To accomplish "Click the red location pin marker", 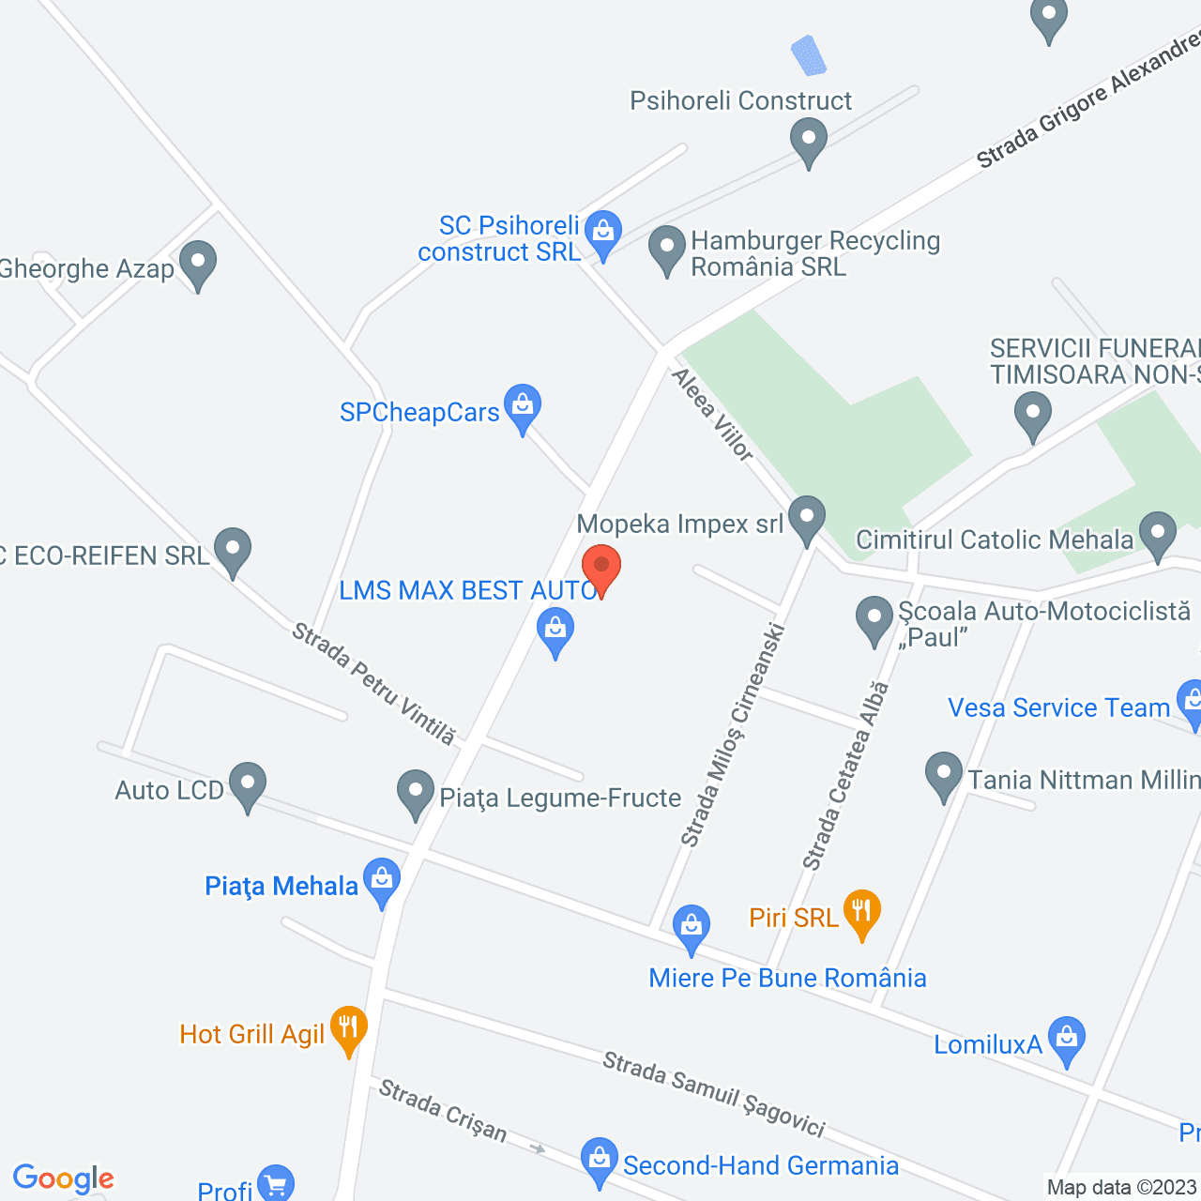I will tap(601, 568).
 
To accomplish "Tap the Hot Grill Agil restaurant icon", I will tap(348, 1028).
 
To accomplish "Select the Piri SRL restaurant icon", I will tap(861, 913).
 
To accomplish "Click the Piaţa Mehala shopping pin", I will tap(381, 881).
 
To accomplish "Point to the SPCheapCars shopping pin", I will tap(523, 407).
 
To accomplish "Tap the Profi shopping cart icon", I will tap(276, 1184).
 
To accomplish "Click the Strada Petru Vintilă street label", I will tap(373, 684).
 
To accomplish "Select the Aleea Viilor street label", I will tap(712, 415).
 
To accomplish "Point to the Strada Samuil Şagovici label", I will tap(713, 1094).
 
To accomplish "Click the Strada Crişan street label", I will tap(443, 1112).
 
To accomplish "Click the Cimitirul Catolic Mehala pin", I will tap(1157, 534).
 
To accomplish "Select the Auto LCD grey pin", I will tap(248, 784).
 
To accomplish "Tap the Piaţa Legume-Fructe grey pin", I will tap(416, 793).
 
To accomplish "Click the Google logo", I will tap(63, 1178).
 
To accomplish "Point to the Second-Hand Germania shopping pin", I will tap(598, 1161).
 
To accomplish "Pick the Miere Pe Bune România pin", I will tap(692, 927).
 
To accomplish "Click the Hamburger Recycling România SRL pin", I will tap(667, 249).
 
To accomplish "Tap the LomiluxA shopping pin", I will tap(1066, 1040).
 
